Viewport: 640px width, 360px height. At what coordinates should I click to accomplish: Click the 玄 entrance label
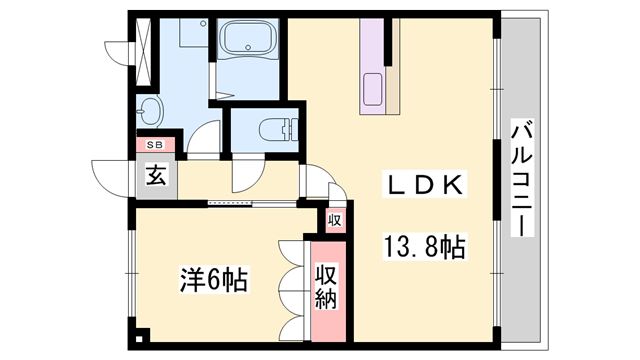pyautogui.click(x=157, y=177)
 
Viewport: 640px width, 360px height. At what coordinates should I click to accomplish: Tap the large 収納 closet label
pyautogui.click(x=327, y=285)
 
